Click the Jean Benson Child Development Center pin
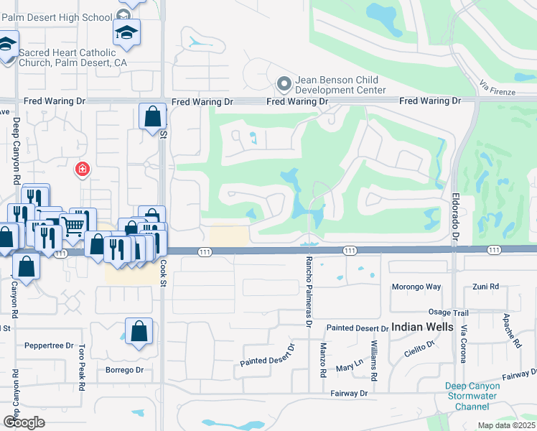284,84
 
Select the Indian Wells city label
422,327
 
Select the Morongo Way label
416,287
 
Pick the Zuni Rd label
485,287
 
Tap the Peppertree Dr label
50,346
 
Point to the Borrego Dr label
125,370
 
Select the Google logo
24,422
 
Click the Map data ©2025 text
505,425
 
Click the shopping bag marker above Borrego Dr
139,332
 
